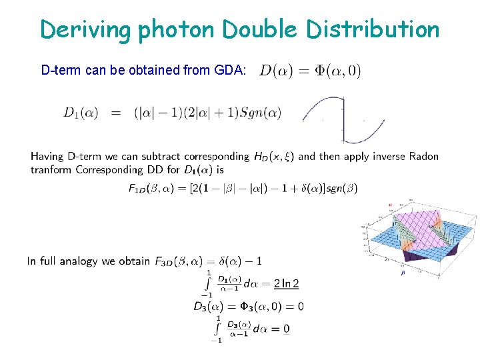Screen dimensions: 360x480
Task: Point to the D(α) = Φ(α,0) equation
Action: pyautogui.click(x=310, y=70)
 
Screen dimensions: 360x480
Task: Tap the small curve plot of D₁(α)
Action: pyautogui.click(x=343, y=119)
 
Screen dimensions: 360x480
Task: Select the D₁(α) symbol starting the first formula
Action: pyautogui.click(x=81, y=113)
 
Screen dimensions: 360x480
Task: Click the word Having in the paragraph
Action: pyautogui.click(x=47, y=157)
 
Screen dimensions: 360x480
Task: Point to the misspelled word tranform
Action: pyautogui.click(x=51, y=169)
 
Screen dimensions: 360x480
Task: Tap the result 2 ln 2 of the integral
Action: pyautogui.click(x=287, y=283)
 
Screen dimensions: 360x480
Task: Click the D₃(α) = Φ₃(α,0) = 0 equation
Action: pyautogui.click(x=248, y=307)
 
